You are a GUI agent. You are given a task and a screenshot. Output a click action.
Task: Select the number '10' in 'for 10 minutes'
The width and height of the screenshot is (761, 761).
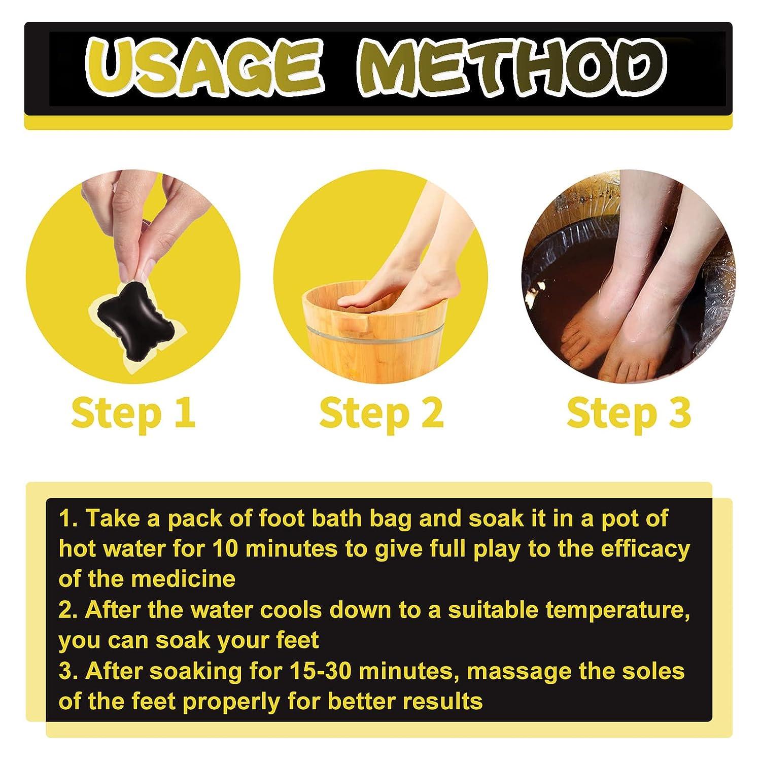click(x=227, y=549)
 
